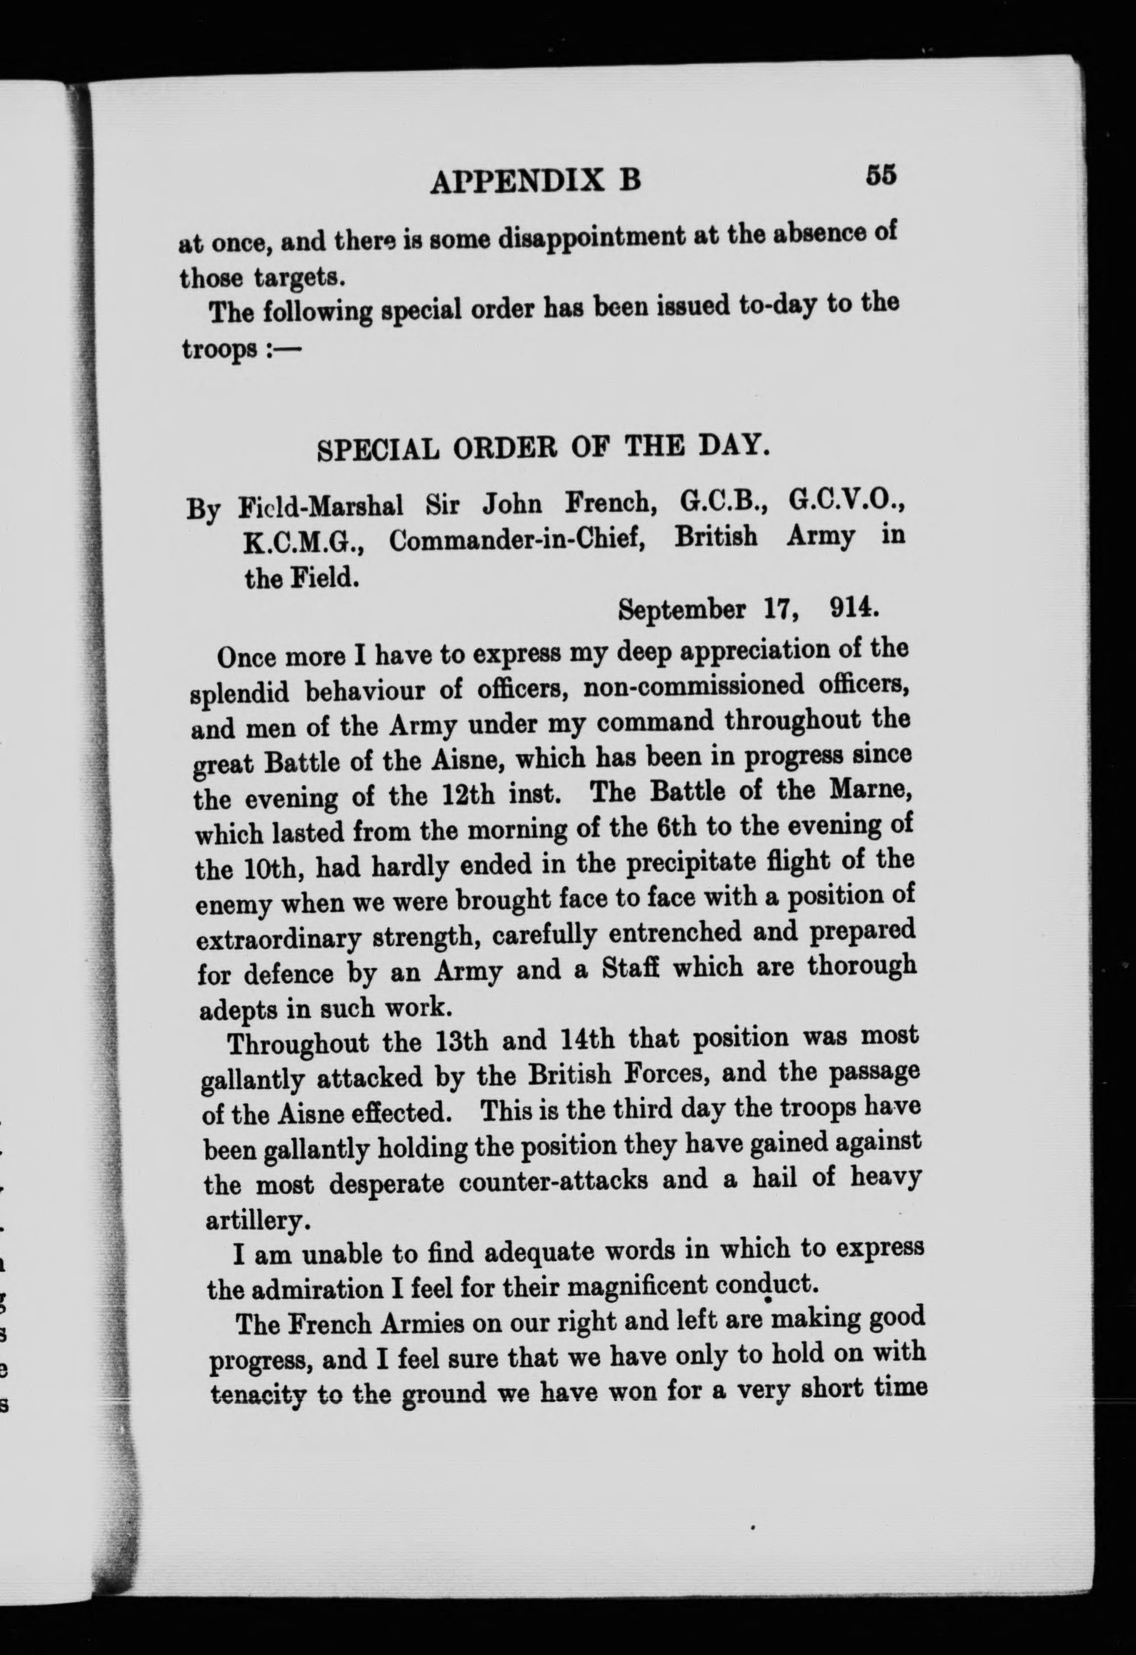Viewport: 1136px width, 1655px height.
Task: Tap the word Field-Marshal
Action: coord(321,507)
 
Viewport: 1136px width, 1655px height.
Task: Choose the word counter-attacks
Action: coord(553,1181)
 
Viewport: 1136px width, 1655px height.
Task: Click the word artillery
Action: coord(257,1221)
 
